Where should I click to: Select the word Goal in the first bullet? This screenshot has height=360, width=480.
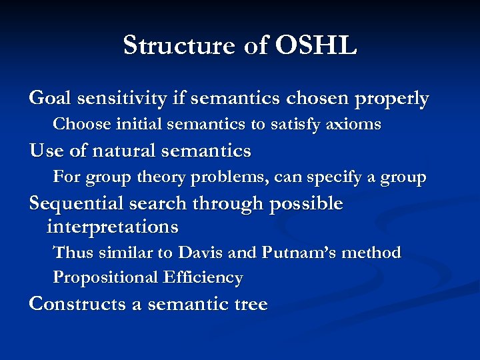(x=51, y=99)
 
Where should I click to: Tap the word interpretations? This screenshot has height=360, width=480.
(x=113, y=227)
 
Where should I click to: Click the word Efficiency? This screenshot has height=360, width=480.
(x=202, y=277)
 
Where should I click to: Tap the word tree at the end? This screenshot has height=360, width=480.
(x=249, y=305)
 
